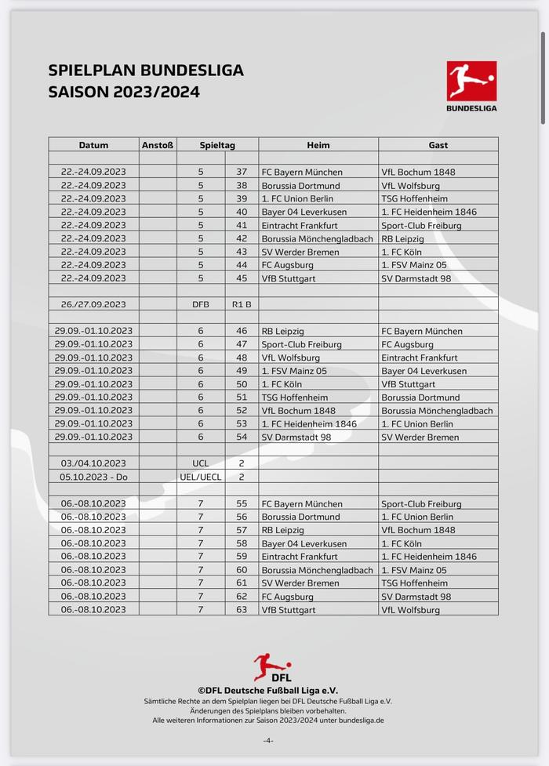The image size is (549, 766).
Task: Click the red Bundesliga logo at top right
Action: tap(471, 82)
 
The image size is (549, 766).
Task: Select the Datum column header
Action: tap(93, 145)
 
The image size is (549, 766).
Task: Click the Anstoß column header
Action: tap(158, 145)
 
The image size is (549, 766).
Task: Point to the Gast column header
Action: tap(438, 145)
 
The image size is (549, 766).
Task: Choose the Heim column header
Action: tap(318, 145)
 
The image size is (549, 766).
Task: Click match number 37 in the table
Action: tap(242, 172)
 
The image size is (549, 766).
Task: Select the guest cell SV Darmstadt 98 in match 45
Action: tap(416, 278)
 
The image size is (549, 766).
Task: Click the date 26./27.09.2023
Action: tap(93, 304)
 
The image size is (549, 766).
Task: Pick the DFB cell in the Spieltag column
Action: tap(201, 304)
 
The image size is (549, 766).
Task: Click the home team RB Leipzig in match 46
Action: tap(283, 331)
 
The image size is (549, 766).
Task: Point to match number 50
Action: tap(242, 384)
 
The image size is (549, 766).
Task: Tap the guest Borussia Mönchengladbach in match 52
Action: tap(437, 411)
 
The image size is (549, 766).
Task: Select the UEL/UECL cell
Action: tap(201, 477)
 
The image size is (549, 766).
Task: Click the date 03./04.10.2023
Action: tap(93, 463)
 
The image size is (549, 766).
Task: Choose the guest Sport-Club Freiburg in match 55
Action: tap(421, 503)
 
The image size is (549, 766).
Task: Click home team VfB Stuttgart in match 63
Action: tap(288, 610)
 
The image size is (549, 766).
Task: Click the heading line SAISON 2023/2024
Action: tap(124, 92)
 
